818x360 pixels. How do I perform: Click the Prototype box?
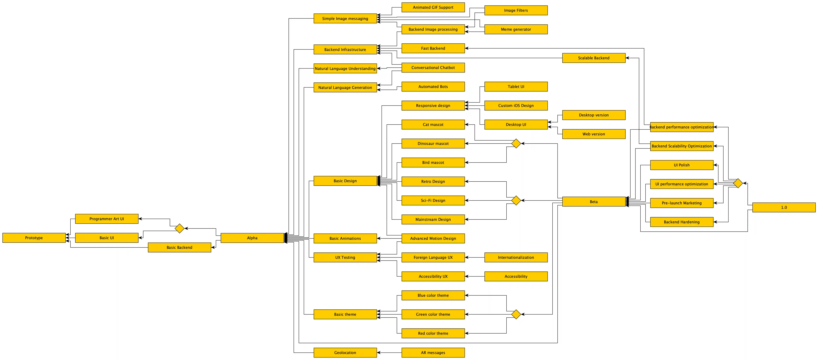click(x=34, y=238)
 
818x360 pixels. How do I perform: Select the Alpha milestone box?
click(x=252, y=238)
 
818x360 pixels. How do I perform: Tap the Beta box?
click(x=594, y=202)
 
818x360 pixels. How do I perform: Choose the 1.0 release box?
click(x=784, y=207)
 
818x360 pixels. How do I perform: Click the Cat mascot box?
click(x=433, y=124)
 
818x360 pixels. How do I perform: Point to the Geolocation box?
click(x=345, y=352)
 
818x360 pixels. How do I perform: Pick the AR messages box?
click(x=433, y=352)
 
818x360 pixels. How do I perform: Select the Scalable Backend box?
click(x=594, y=58)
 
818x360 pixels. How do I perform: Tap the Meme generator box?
click(x=516, y=29)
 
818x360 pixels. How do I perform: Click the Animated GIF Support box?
click(x=433, y=7)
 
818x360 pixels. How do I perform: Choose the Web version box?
click(x=594, y=134)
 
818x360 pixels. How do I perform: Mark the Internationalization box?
click(x=516, y=258)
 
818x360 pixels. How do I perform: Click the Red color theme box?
click(x=433, y=333)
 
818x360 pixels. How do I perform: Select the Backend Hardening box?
click(x=682, y=222)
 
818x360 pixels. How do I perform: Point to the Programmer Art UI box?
click(x=107, y=219)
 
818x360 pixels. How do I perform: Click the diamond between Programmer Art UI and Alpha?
click(x=179, y=228)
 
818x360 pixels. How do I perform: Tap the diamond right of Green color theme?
click(x=516, y=314)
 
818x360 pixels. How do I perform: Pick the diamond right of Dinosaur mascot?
click(x=516, y=143)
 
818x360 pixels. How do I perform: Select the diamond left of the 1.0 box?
click(x=738, y=183)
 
